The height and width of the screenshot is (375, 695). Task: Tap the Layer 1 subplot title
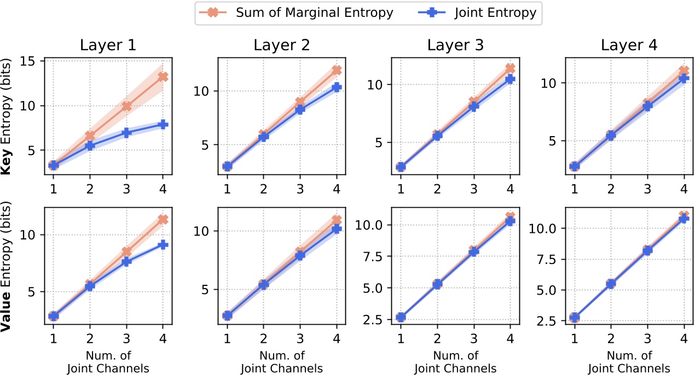tap(108, 45)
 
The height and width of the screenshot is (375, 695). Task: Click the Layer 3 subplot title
tap(455, 45)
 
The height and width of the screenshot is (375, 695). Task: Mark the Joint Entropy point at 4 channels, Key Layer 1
tap(163, 125)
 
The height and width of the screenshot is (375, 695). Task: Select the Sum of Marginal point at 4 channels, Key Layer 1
tap(163, 77)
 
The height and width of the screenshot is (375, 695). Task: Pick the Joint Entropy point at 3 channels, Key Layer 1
tap(126, 132)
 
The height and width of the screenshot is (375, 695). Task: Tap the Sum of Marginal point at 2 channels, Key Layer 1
tap(90, 136)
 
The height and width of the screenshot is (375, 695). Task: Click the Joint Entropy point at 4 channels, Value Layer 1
tap(163, 244)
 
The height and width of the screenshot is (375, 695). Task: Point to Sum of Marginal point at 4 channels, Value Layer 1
tap(163, 219)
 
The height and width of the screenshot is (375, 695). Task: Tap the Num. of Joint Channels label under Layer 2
tap(282, 362)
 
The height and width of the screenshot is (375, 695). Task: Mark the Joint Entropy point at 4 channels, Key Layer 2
tap(337, 87)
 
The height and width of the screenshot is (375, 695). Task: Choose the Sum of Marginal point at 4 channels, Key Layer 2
tap(337, 70)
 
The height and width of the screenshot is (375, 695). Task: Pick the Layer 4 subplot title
tap(629, 45)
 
